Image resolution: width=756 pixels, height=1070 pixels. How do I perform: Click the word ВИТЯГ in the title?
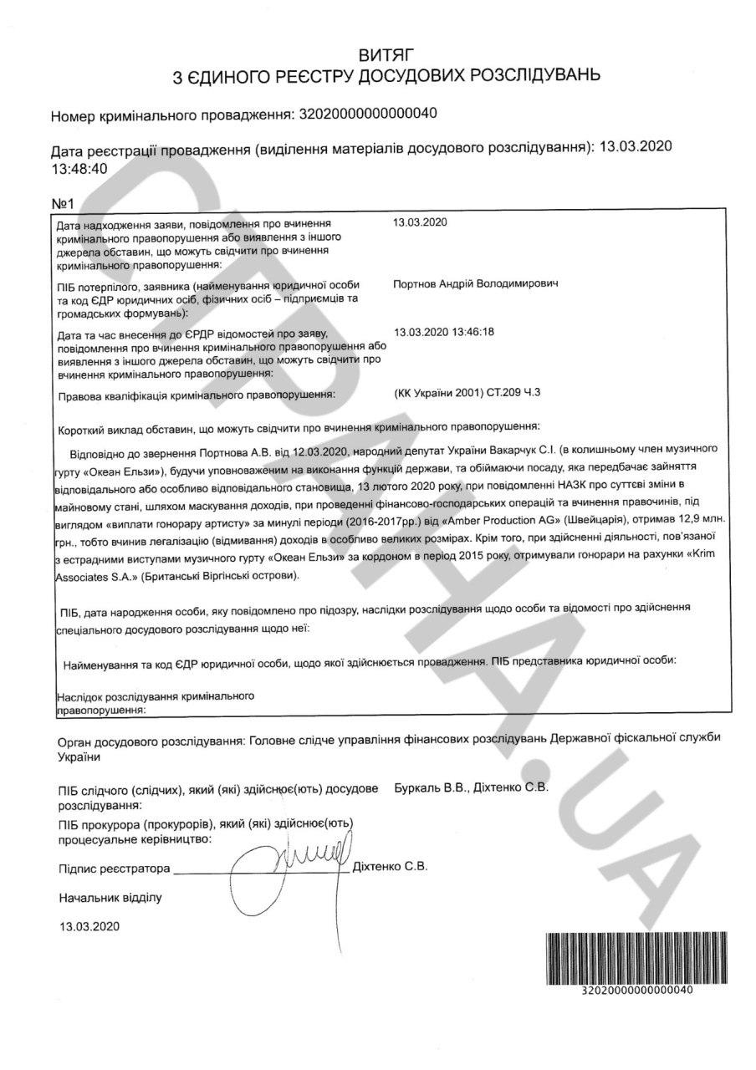pyautogui.click(x=386, y=56)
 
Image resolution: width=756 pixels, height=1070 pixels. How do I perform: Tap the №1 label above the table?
pyautogui.click(x=64, y=204)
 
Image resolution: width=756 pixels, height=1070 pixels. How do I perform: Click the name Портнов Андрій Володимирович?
pyautogui.click(x=476, y=283)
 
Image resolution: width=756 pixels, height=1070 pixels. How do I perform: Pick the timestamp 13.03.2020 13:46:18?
pyautogui.click(x=443, y=331)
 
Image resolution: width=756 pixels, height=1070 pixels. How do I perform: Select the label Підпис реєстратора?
pyautogui.click(x=114, y=869)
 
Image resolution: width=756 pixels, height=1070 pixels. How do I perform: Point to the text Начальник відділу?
pyautogui.click(x=110, y=898)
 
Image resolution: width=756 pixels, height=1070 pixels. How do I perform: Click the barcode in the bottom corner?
pyautogui.click(x=620, y=956)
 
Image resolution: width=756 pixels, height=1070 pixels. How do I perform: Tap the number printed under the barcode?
pyautogui.click(x=636, y=991)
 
